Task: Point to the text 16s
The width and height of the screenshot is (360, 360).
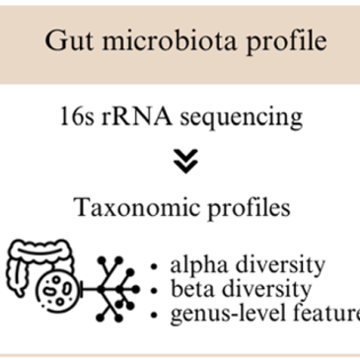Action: coord(77,116)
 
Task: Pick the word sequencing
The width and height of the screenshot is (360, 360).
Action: coord(242,118)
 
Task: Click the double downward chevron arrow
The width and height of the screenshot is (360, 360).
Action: coord(185,161)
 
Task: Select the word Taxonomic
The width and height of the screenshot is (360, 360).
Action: coord(136,208)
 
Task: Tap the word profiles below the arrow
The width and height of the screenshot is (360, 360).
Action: coord(250,208)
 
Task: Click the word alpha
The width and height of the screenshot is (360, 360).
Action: coord(199,265)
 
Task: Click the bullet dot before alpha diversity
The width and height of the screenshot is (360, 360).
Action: coord(154,266)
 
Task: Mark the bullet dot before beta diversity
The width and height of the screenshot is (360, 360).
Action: coord(154,291)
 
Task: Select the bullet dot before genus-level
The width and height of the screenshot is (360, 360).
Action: coord(154,315)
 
